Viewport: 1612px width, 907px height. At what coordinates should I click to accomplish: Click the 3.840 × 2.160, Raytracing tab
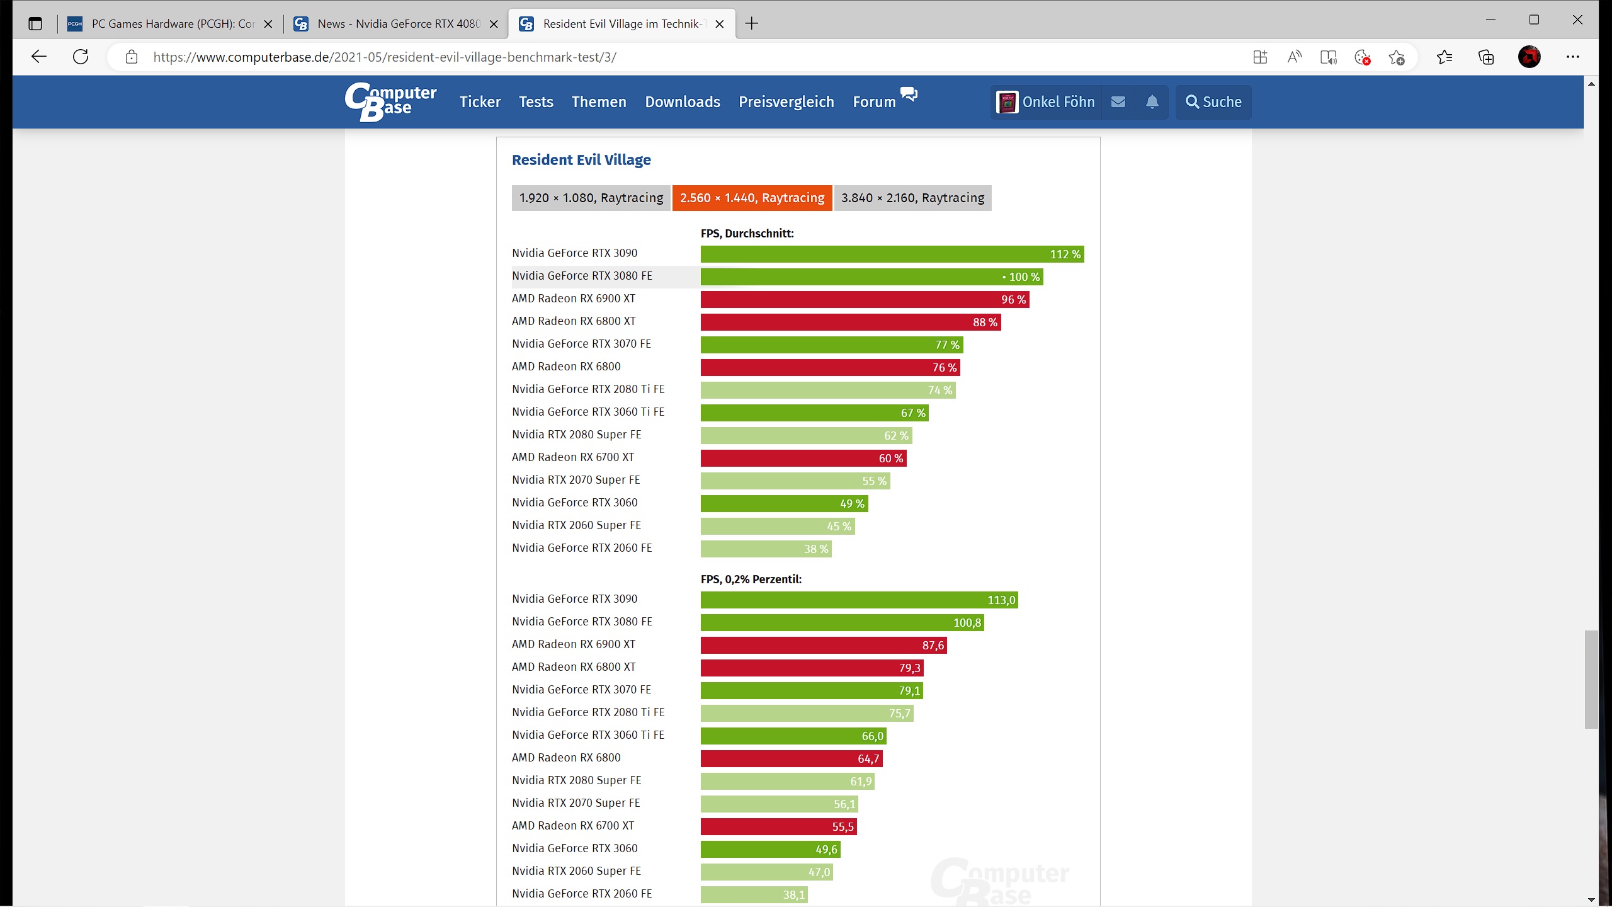pos(912,198)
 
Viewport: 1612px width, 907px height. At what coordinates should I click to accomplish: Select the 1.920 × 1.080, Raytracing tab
pos(591,198)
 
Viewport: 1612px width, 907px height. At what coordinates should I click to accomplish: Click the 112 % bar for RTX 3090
pos(892,254)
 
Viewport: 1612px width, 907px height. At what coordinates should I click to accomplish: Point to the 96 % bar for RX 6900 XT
pos(865,300)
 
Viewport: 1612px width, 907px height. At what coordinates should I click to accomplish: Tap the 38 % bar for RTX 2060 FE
pos(766,549)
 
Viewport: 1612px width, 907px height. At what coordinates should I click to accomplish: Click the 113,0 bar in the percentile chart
pos(859,600)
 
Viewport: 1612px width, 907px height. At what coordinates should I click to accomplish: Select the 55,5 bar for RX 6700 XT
pos(778,827)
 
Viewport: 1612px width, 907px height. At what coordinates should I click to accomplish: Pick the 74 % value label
pos(939,391)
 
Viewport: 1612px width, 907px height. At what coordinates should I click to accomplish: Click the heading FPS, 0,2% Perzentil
pos(751,579)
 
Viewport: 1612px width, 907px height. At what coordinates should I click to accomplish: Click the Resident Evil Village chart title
pos(581,160)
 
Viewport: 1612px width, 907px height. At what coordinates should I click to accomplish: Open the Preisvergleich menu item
pos(786,102)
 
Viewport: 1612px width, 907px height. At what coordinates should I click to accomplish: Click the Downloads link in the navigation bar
pos(683,102)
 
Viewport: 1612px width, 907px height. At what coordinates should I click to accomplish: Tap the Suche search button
pos(1213,102)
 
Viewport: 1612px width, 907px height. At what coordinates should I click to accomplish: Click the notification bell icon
pos(1152,102)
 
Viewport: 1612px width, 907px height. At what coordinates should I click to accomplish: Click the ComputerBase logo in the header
pos(390,102)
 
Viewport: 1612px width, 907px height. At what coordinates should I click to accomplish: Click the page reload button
pos(81,57)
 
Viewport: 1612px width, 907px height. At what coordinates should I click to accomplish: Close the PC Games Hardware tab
pos(268,24)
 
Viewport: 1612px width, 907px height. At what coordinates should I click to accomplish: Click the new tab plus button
pos(751,24)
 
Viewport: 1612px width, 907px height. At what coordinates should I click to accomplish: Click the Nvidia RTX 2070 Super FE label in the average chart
pos(576,480)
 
